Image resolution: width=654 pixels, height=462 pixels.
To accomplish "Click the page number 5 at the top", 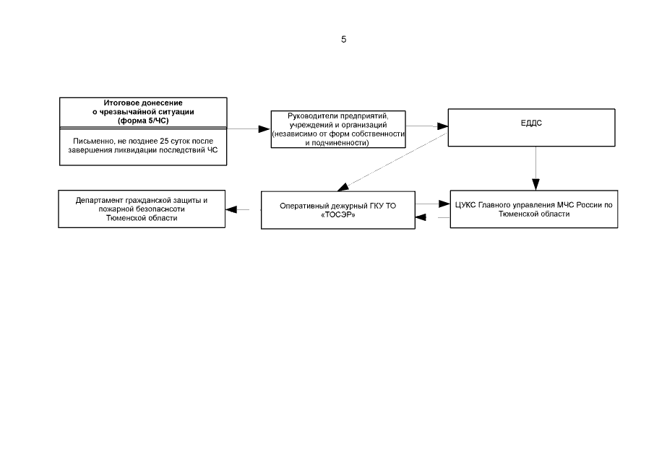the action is [x=344, y=39].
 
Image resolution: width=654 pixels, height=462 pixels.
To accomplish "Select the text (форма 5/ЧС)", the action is [x=143, y=121].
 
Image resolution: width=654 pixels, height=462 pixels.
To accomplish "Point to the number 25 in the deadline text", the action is [x=164, y=141].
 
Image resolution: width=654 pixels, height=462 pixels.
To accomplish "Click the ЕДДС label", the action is [x=531, y=123].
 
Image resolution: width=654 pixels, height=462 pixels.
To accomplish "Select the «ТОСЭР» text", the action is [x=338, y=215].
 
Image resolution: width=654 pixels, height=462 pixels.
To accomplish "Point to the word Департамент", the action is [x=99, y=201].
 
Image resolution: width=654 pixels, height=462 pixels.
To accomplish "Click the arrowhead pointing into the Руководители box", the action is [x=264, y=129].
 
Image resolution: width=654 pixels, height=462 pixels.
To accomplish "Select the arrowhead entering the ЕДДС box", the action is [x=443, y=126].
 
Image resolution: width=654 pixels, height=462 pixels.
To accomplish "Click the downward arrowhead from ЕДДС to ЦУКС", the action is [x=536, y=185].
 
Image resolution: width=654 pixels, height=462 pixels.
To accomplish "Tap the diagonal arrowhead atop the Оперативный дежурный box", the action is [x=343, y=187].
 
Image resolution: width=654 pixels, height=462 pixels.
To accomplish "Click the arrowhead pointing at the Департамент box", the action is [x=231, y=209].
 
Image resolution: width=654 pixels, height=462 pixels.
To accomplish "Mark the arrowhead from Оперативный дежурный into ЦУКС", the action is [x=444, y=204].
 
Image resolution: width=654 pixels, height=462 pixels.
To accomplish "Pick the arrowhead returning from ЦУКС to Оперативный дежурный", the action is [x=421, y=217].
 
